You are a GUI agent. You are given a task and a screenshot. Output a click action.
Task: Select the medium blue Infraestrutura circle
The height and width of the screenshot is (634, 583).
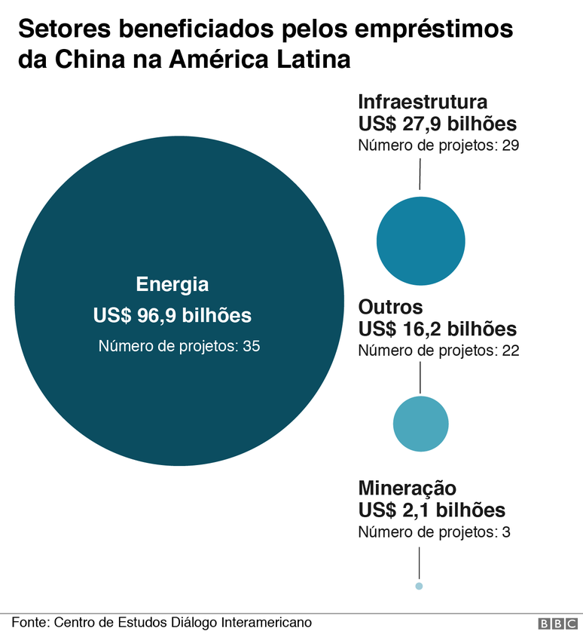click(x=420, y=241)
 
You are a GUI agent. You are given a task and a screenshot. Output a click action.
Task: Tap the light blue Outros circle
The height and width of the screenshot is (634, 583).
click(x=420, y=424)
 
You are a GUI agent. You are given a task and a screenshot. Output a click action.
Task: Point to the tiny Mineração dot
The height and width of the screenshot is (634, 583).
click(x=419, y=586)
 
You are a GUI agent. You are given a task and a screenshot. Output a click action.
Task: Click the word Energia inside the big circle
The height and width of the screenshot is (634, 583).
click(x=172, y=285)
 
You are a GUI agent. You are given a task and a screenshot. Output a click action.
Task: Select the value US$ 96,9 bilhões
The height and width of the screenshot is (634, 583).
click(x=172, y=316)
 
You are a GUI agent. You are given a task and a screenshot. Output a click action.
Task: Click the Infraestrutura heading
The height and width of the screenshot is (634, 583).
click(x=423, y=102)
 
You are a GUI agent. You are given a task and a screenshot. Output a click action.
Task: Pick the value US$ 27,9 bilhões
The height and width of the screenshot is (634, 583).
click(x=437, y=124)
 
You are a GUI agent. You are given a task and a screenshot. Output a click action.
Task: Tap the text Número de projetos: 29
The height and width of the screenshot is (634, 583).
click(x=438, y=145)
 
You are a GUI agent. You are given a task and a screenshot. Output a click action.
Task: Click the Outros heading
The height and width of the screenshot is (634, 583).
click(x=390, y=308)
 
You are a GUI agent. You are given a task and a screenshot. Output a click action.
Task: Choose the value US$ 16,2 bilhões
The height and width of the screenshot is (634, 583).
click(x=437, y=329)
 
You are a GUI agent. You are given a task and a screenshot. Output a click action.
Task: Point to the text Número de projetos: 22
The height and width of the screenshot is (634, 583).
click(x=438, y=351)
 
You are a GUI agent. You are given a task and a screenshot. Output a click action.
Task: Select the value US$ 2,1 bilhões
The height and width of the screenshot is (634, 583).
click(x=432, y=510)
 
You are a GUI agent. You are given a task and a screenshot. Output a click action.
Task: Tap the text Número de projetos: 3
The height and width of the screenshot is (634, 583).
click(x=434, y=532)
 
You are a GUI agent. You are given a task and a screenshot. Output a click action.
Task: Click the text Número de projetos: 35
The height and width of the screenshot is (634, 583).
click(x=179, y=347)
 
